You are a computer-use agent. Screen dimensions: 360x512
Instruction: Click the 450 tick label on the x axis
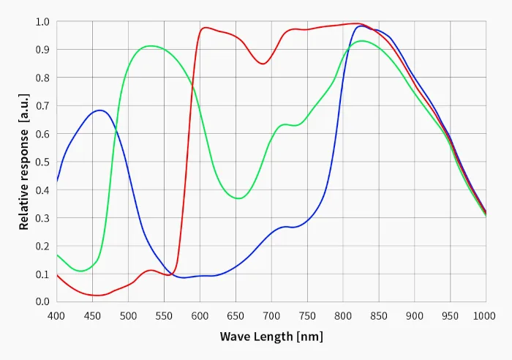[x=92, y=316]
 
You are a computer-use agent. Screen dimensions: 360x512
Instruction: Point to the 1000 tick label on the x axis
[x=484, y=316]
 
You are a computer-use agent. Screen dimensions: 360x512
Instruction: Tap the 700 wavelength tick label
[x=271, y=316]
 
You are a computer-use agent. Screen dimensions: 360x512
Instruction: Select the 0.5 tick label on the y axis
[x=42, y=162]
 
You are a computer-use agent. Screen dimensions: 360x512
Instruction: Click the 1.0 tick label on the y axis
[x=42, y=21]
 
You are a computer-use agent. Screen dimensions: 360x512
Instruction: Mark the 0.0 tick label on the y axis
[x=42, y=301]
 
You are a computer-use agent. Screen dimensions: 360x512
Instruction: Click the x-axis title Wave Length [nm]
[x=271, y=337]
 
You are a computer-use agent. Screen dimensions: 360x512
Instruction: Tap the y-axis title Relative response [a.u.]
[x=24, y=162]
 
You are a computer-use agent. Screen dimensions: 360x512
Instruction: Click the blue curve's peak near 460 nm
[x=99, y=110]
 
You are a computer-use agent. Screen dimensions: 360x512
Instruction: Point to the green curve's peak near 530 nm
[x=151, y=46]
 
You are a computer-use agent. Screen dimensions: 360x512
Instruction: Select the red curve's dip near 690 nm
[x=263, y=64]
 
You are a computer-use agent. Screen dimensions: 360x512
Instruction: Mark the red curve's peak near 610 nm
[x=206, y=28]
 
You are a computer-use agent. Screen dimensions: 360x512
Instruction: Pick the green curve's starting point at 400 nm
[x=57, y=255]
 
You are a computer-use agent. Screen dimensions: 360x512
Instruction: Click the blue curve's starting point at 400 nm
[x=57, y=181]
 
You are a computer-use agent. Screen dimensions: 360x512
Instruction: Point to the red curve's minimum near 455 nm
[x=97, y=296]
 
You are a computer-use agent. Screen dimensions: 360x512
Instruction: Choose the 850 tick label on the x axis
[x=378, y=316]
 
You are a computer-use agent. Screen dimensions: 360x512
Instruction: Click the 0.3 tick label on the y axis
[x=42, y=217]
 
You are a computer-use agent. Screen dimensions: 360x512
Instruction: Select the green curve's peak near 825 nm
[x=361, y=40]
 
